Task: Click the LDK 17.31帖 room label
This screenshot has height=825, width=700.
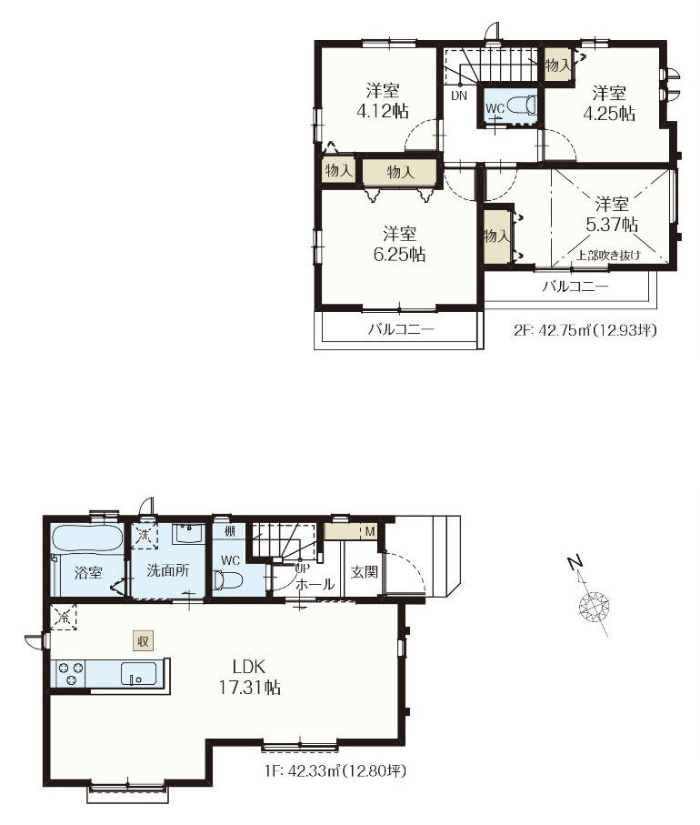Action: click(249, 677)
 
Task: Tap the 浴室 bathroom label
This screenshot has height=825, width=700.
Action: click(88, 573)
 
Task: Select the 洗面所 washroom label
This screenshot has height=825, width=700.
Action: click(168, 571)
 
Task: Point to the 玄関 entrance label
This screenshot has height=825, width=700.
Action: click(364, 571)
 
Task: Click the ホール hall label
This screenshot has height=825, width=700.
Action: click(315, 584)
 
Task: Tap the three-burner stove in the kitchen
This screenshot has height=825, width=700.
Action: click(71, 673)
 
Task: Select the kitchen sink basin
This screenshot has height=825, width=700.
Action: click(138, 673)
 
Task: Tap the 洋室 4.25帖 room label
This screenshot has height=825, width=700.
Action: click(609, 104)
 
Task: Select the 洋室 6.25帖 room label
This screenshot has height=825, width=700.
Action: click(399, 244)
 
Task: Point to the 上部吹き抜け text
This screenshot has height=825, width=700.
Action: click(608, 256)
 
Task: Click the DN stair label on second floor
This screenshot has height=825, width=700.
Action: click(459, 96)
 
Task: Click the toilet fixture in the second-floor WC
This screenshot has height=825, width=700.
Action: click(522, 105)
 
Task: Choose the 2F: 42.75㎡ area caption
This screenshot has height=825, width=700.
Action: click(585, 330)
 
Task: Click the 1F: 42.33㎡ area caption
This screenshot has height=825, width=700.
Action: click(335, 772)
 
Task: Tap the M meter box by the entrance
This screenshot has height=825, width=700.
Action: click(370, 531)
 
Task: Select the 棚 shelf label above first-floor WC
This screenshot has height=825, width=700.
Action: click(230, 531)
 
